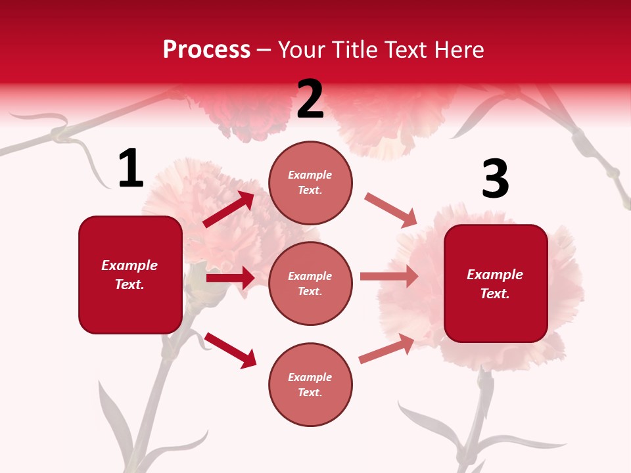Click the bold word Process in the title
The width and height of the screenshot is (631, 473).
(206, 50)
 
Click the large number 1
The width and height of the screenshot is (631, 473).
(131, 169)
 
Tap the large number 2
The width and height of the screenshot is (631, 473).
(310, 99)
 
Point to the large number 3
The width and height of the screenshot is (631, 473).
(495, 179)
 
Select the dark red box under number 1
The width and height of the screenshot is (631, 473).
(130, 275)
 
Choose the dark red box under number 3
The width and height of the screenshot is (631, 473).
(496, 284)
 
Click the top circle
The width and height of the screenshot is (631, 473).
(310, 183)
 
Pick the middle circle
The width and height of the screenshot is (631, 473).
(310, 283)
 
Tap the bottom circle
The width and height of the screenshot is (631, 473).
(310, 384)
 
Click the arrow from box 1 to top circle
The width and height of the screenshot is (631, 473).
(229, 210)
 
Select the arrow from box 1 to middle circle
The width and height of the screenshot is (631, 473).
(230, 278)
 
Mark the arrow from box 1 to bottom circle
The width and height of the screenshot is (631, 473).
(230, 349)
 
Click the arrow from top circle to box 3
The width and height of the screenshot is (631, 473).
(391, 210)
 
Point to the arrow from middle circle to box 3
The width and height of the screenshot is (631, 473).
(389, 277)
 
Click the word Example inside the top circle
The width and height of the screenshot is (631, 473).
(310, 175)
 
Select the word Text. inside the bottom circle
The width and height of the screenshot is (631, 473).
(310, 392)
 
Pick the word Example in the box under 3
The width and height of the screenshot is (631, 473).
(495, 275)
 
